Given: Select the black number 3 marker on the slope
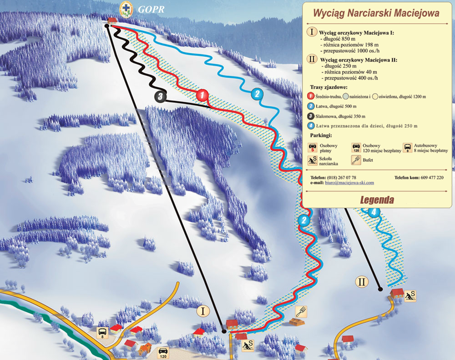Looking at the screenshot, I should point(160,96).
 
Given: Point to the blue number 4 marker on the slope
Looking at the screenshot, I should point(374,212).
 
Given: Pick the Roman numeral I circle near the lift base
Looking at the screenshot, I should point(203,311).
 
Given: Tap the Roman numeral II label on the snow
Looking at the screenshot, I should point(362,282).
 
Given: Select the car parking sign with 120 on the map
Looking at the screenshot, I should point(162,352).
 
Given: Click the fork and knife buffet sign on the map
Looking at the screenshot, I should point(301,311).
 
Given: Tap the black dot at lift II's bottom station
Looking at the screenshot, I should point(380,289).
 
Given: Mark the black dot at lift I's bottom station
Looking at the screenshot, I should point(224,331).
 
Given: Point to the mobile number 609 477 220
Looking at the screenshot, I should point(432,177).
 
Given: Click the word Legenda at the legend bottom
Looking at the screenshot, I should point(377,200).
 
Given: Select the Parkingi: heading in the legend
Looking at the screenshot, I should point(321,135).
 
